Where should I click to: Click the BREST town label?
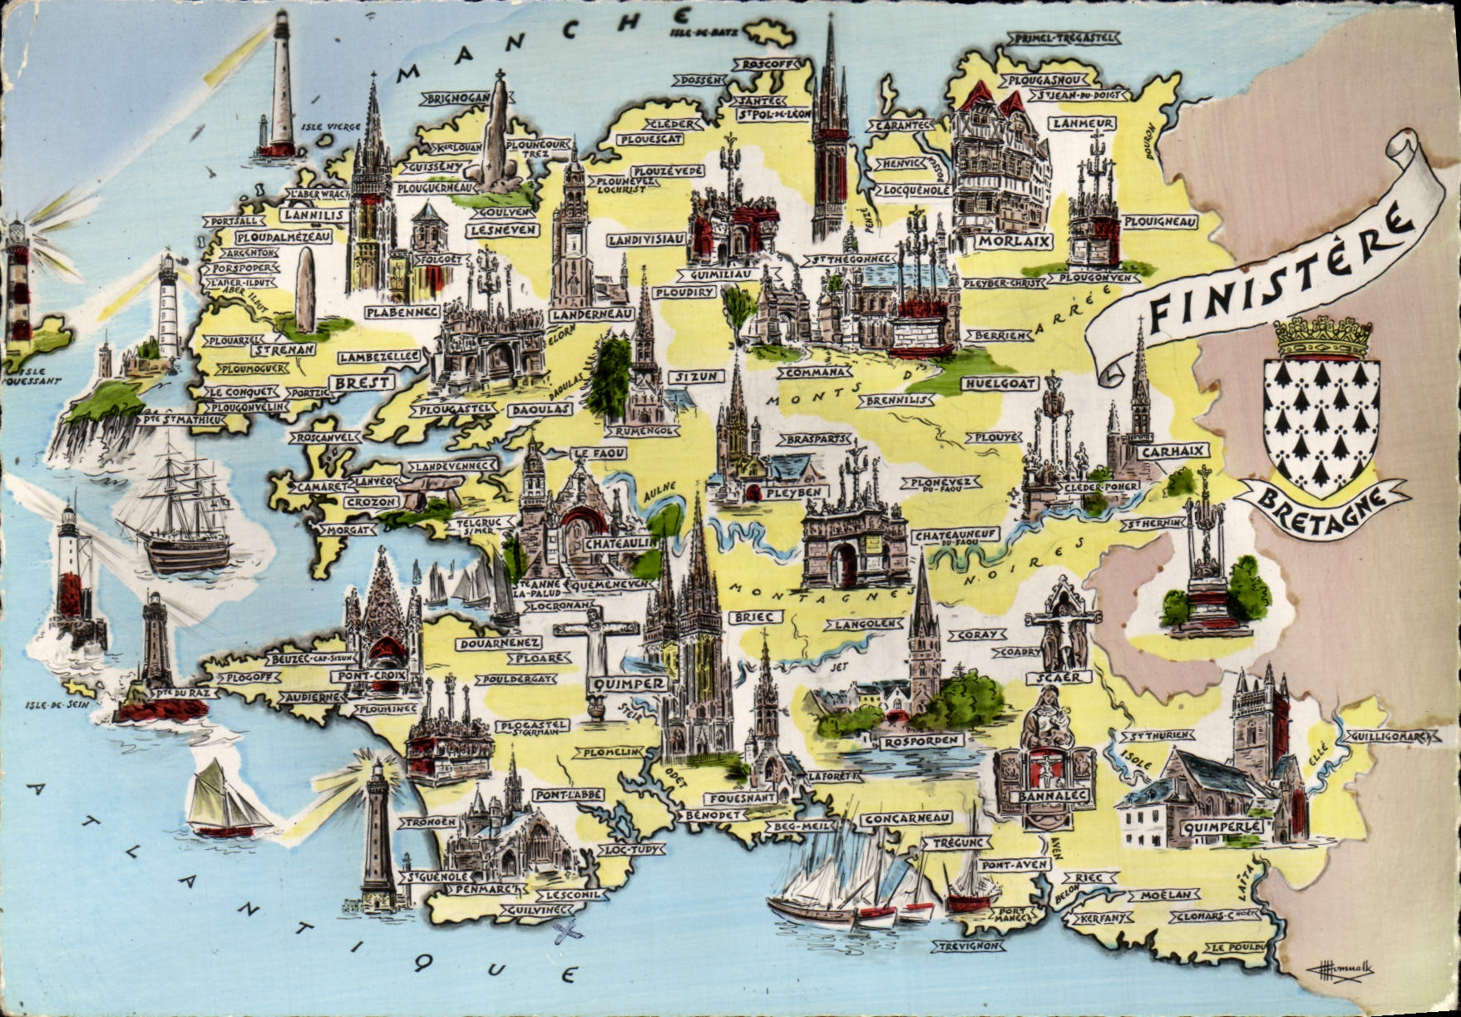[x=363, y=383]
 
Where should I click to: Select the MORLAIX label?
[x=1004, y=241]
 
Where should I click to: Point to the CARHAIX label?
[x=1162, y=452]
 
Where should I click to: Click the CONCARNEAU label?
[x=906, y=819]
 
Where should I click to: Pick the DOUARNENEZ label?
[x=499, y=643]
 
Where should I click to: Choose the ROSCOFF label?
[x=770, y=65]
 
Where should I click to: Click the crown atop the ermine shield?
[x=1322, y=337]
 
